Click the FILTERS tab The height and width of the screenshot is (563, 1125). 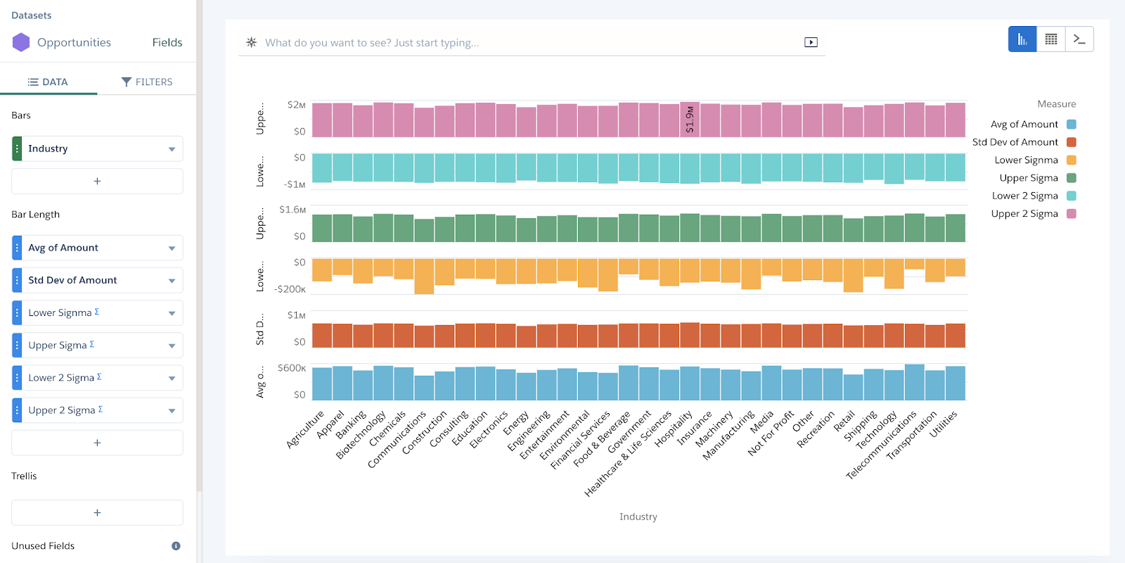click(147, 82)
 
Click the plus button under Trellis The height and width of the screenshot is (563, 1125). click(97, 512)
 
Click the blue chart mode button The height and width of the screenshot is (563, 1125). click(1022, 39)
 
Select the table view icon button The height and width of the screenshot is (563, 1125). click(1050, 39)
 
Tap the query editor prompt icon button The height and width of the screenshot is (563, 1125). click(1079, 39)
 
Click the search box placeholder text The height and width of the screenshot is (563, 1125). click(371, 43)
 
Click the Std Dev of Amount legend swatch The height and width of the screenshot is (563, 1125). click(1071, 142)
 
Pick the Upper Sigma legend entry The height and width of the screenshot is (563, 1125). click(1029, 178)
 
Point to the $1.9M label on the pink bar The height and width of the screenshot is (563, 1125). click(690, 120)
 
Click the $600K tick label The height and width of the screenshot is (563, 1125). click(292, 368)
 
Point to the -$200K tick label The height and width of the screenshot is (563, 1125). click(290, 289)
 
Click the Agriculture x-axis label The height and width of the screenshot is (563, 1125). click(305, 429)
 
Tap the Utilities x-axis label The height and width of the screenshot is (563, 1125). click(944, 424)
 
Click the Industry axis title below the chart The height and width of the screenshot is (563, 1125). click(638, 517)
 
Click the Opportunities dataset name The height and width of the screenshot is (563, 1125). click(74, 42)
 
